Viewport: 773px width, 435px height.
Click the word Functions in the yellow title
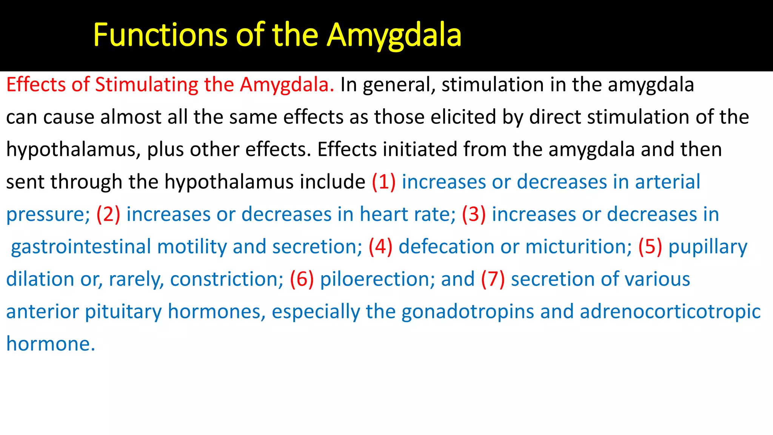point(160,35)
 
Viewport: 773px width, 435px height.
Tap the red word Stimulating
point(146,85)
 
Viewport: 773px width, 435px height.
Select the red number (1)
point(383,182)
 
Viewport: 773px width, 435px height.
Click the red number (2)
point(108,214)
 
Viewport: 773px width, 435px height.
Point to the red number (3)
point(474,214)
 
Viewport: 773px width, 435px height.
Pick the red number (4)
point(380,247)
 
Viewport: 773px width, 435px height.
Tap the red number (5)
point(650,247)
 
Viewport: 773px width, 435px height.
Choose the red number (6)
point(302,279)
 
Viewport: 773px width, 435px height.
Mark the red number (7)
point(493,279)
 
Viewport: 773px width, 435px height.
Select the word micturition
point(578,247)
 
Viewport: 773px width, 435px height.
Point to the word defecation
point(447,247)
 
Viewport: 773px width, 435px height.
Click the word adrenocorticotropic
point(670,312)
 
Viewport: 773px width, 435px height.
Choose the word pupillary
point(708,247)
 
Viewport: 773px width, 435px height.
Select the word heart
point(384,214)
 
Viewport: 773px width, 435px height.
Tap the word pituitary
point(123,312)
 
